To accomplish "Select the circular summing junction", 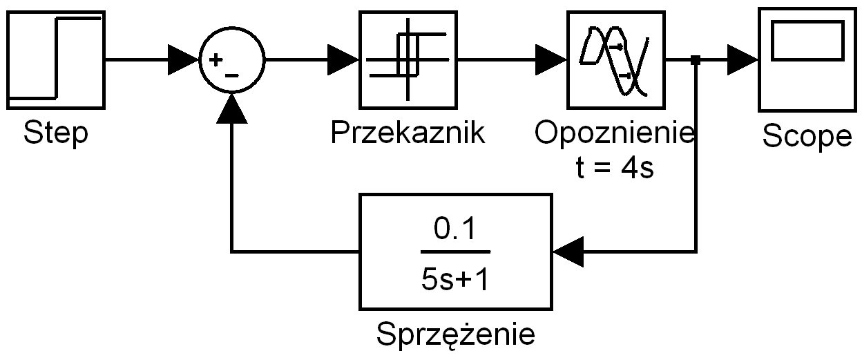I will pyautogui.click(x=231, y=60).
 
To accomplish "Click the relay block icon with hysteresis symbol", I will pyautogui.click(x=408, y=59).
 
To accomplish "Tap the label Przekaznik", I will pyautogui.click(x=408, y=133).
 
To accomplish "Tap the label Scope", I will pyautogui.click(x=807, y=138).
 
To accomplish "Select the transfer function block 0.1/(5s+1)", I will pyautogui.click(x=455, y=251).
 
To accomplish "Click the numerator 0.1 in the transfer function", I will pyautogui.click(x=455, y=229).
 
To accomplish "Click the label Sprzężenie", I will pyautogui.click(x=455, y=335).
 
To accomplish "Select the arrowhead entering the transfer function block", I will pyautogui.click(x=568, y=250).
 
